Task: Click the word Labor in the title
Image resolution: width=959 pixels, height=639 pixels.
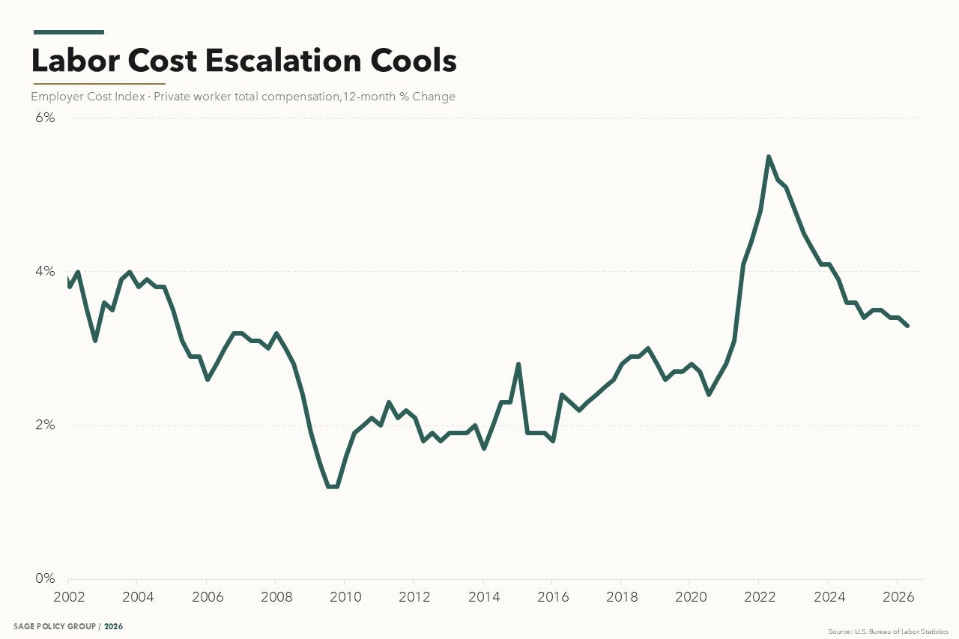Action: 76,61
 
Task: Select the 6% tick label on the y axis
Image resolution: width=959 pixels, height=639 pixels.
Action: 45,118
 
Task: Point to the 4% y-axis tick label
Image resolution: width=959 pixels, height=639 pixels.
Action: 45,271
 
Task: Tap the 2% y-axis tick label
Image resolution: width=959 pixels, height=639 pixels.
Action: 45,425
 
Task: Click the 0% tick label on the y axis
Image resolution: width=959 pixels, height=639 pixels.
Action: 45,578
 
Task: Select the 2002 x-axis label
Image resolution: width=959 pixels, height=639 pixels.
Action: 69,596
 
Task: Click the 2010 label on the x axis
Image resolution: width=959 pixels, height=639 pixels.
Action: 345,596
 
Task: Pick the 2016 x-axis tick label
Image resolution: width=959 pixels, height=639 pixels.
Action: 553,596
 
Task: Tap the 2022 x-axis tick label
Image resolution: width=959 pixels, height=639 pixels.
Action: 760,596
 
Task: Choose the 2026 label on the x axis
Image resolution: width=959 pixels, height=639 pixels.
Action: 898,596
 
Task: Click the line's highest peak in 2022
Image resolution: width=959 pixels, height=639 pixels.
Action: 769,157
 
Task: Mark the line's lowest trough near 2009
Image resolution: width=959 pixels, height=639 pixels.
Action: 333,487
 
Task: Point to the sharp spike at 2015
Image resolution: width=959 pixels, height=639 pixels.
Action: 518,364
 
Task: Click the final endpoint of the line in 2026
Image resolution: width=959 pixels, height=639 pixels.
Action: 907,326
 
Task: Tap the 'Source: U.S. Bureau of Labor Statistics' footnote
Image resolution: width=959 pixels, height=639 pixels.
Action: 889,632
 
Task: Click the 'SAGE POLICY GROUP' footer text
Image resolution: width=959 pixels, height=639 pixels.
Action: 55,626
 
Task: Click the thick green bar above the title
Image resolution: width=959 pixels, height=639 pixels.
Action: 68,32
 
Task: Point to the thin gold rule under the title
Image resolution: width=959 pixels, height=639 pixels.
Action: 99,84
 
